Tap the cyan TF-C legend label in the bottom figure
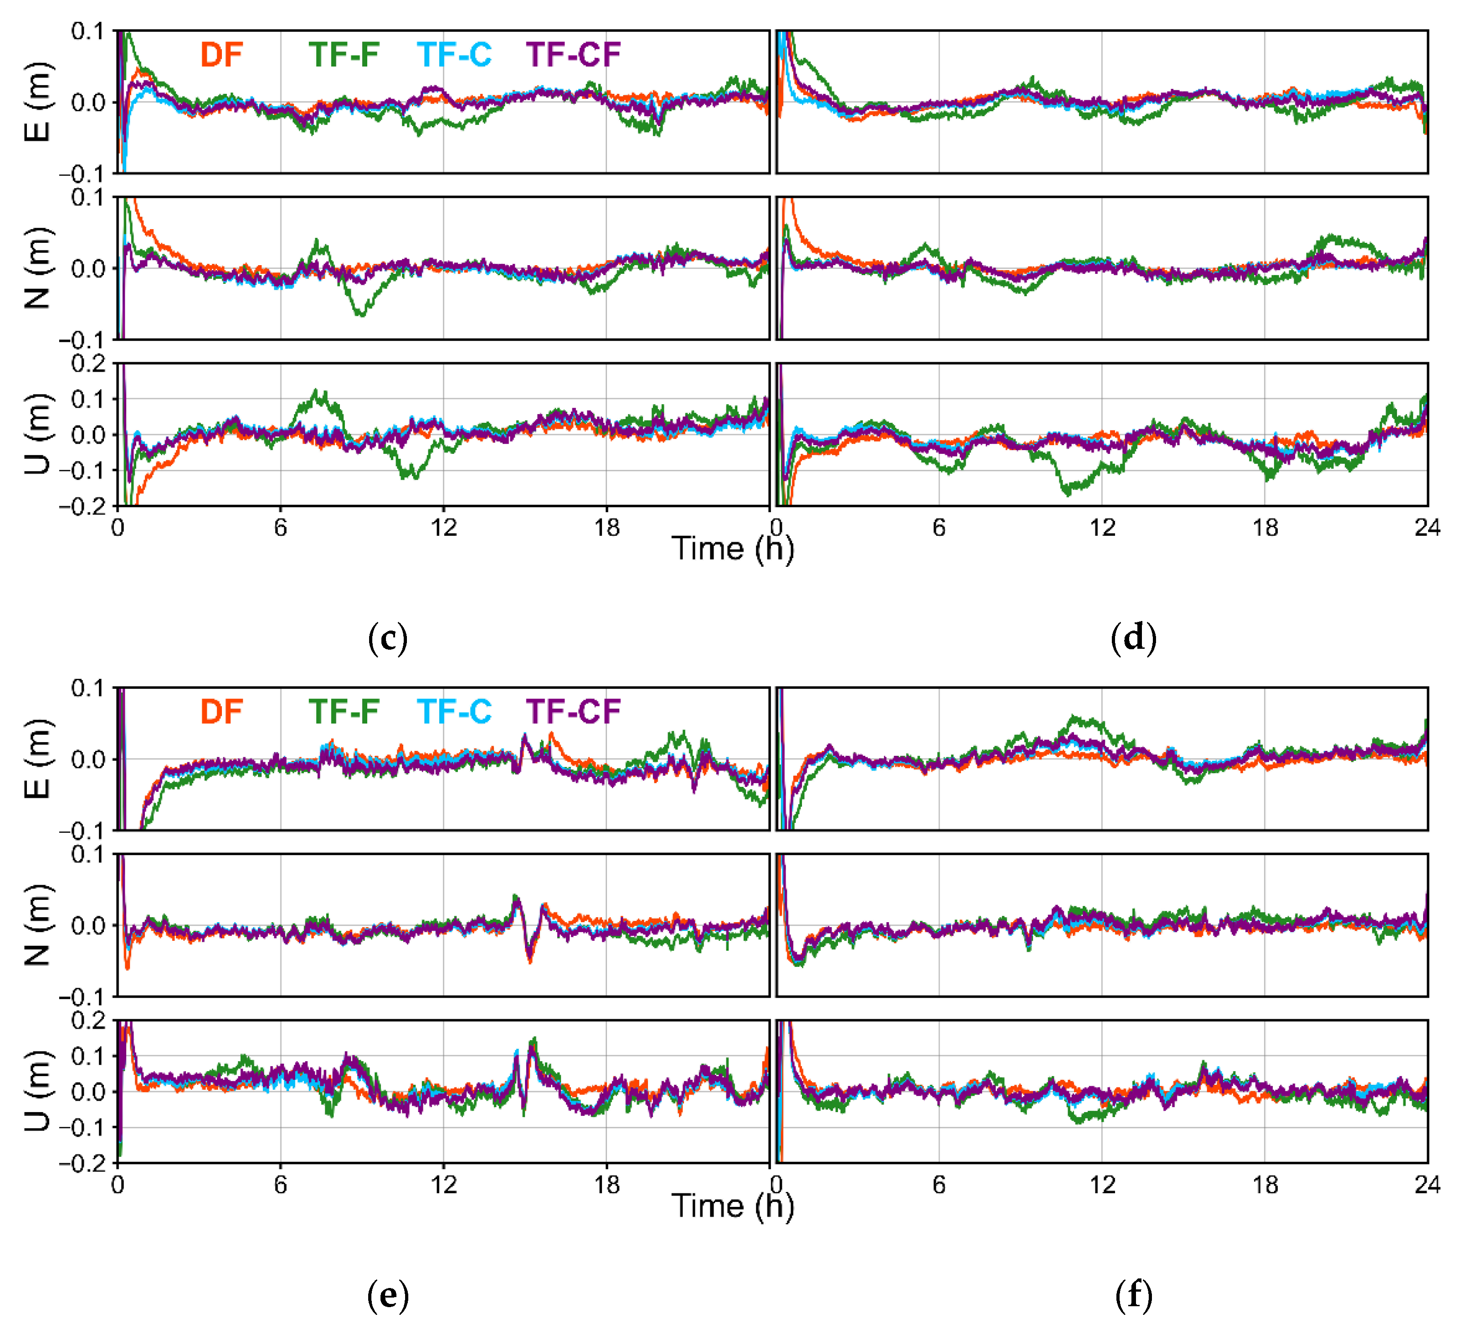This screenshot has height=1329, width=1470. coord(454,712)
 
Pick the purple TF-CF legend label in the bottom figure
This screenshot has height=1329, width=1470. coord(573,712)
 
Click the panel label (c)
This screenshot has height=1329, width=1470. coord(388,639)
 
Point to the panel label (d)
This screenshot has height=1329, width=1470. coord(1133,639)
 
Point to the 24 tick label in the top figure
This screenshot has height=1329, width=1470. coord(1427,528)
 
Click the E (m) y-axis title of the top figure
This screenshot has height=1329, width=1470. coord(38,102)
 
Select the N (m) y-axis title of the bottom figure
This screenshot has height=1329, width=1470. coord(38,925)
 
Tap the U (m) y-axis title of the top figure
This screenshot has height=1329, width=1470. coord(38,435)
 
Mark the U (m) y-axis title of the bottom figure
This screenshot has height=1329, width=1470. coord(38,1091)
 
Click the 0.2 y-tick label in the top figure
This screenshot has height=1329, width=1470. coord(88,364)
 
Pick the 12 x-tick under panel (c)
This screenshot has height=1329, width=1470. coord(443,528)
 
